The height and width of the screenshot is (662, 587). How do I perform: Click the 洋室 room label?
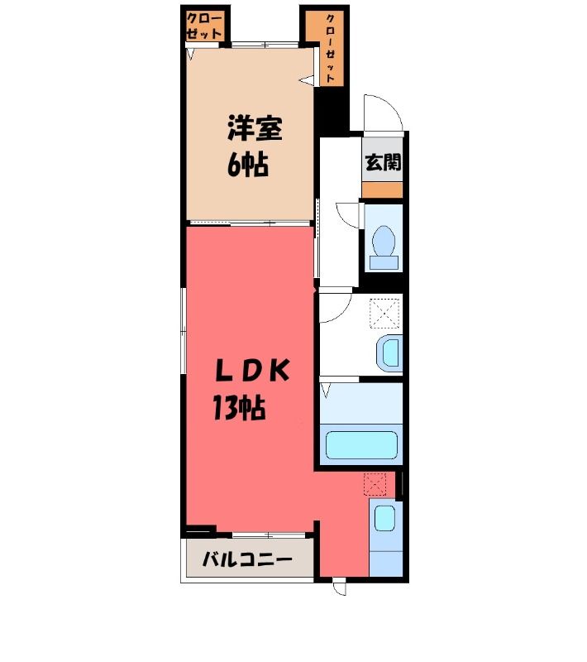click(255, 128)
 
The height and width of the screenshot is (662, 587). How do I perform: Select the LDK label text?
click(252, 370)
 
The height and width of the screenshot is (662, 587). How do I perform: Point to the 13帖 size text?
click(239, 407)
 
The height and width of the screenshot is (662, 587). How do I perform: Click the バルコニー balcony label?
click(247, 560)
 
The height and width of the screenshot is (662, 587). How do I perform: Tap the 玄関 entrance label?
click(383, 162)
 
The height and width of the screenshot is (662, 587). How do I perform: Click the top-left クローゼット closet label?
click(204, 26)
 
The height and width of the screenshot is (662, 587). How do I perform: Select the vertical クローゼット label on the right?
click(330, 49)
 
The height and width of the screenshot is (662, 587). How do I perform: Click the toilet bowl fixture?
click(384, 247)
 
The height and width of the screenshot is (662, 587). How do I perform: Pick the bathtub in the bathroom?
click(361, 444)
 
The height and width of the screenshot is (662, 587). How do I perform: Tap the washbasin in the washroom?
click(389, 353)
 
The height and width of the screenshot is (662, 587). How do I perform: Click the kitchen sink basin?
click(384, 518)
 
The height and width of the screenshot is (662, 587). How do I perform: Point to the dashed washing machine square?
click(384, 314)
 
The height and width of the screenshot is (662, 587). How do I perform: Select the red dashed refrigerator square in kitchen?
click(375, 484)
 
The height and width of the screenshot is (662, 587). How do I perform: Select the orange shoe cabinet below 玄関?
click(382, 190)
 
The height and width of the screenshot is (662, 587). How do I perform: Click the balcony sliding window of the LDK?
click(269, 535)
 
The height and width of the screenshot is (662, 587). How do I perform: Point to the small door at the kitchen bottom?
click(339, 588)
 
